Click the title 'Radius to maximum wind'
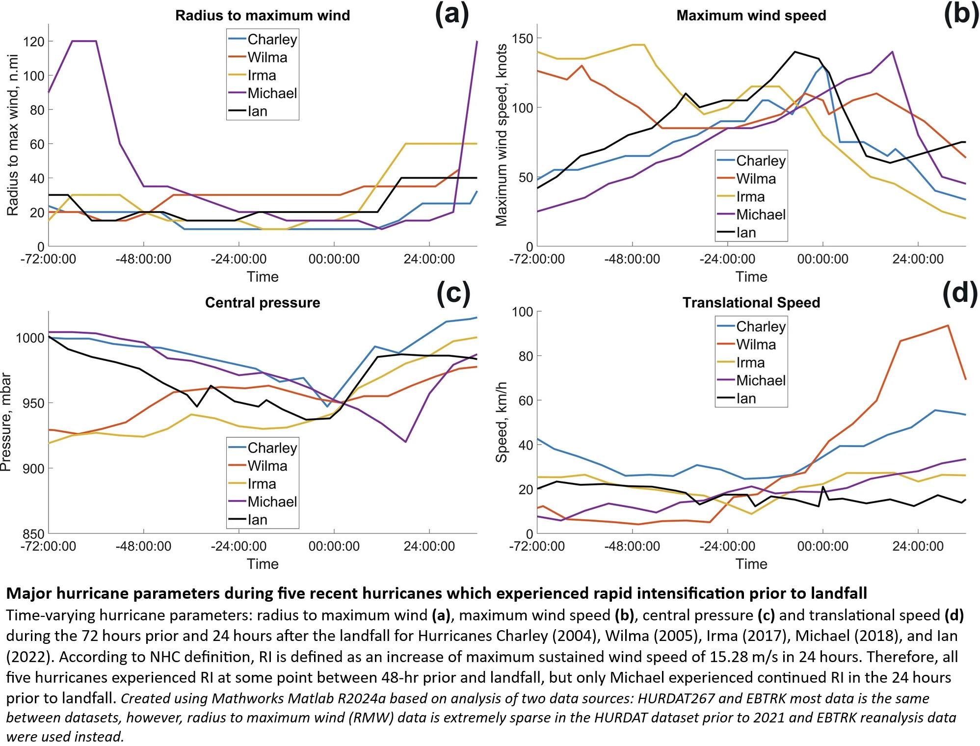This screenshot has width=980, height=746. pos(263,15)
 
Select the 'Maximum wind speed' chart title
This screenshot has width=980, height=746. pos(751,15)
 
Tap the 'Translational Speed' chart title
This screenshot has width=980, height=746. pos(751,302)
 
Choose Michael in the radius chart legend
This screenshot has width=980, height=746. pos(272,93)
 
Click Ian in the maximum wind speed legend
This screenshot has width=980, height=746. pos(746,233)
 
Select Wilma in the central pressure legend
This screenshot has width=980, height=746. pos(267,466)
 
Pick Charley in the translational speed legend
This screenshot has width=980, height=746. pos(761,326)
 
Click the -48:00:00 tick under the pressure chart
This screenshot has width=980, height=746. pos(143,546)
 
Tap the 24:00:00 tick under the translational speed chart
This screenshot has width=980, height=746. pos(918,546)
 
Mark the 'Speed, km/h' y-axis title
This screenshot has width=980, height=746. pos(501,423)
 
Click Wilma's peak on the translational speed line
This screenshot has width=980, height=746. pos(948,325)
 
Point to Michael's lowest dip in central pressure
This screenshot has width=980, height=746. pos(405,442)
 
